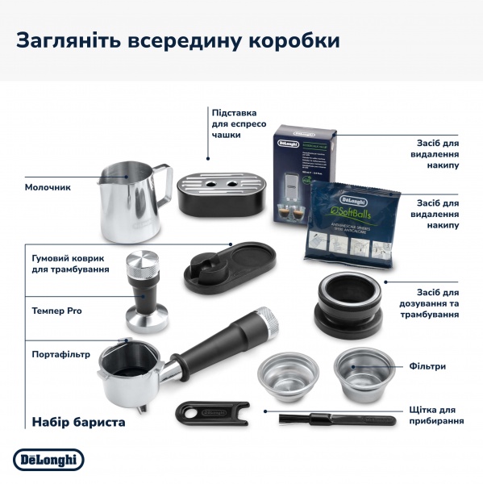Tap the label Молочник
click(x=48, y=187)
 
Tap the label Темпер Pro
click(x=56, y=311)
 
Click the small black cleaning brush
click(x=335, y=419)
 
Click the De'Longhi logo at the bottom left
click(x=48, y=459)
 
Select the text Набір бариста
click(x=78, y=421)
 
